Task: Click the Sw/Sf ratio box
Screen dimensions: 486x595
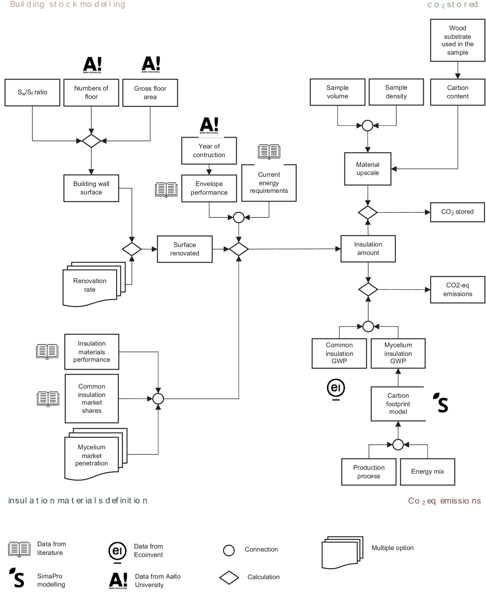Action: point(32,93)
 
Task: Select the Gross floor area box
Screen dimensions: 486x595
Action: point(150,93)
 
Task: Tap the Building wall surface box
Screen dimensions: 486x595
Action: point(91,188)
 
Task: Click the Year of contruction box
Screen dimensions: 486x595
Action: point(209,151)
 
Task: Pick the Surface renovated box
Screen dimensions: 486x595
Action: point(185,249)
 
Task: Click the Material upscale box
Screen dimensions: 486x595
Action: point(368,169)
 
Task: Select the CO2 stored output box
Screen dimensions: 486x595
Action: point(458,212)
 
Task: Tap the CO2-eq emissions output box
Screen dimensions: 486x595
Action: point(458,290)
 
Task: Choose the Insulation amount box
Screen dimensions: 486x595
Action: point(368,249)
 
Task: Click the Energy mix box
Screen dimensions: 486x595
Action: point(427,472)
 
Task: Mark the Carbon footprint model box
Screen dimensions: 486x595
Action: point(398,404)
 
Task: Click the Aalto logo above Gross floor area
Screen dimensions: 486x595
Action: point(151,65)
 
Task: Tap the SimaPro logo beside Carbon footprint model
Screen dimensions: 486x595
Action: point(441,403)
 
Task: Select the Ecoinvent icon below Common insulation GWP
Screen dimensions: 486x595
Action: point(336,389)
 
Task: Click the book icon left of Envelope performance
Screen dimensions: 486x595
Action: point(166,190)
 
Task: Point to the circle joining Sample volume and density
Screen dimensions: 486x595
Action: point(367,126)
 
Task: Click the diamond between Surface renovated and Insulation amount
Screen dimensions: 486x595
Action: point(239,249)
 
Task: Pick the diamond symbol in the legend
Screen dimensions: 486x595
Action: point(229,578)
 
